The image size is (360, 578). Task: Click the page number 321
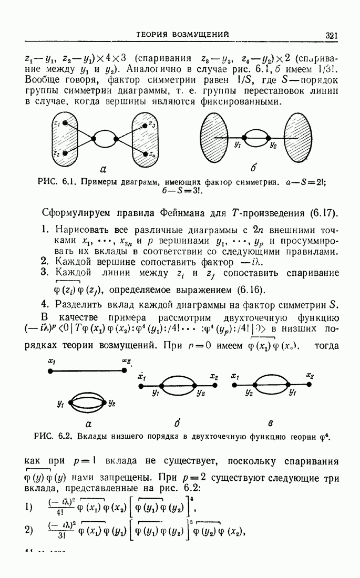click(x=331, y=36)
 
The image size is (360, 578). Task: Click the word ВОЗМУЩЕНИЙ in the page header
click(x=198, y=35)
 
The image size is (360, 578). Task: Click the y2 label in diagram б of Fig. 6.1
click(x=273, y=146)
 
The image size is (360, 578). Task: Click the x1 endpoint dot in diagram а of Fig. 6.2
click(x=50, y=371)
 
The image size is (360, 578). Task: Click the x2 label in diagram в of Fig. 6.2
click(x=310, y=377)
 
